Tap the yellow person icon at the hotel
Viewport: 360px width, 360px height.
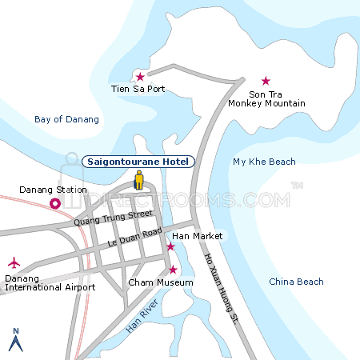tap(138, 180)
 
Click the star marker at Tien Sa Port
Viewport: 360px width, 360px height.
tap(140, 77)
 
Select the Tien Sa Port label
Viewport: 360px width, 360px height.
tap(138, 89)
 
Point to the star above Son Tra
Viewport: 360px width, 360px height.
tap(266, 81)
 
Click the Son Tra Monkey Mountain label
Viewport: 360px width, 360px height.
tap(266, 98)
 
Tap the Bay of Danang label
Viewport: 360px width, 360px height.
tap(67, 119)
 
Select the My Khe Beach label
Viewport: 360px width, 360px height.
tap(264, 162)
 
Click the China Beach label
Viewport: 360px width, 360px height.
tap(296, 282)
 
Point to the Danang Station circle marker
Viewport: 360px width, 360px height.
tap(55, 204)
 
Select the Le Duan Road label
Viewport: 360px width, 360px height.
tap(135, 238)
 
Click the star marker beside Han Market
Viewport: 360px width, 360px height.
tap(170, 246)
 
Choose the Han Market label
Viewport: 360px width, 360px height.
tap(197, 236)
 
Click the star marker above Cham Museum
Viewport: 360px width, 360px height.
tap(172, 269)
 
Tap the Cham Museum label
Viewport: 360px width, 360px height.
tap(161, 282)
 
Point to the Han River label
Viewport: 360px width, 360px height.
tap(143, 318)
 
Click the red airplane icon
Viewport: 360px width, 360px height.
tap(14, 262)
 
